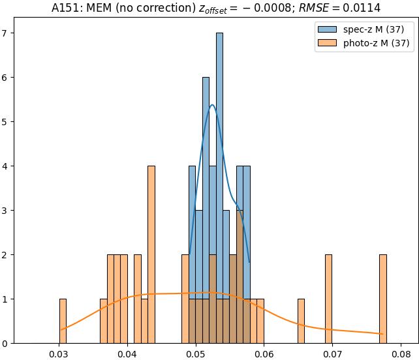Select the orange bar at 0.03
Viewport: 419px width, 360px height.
(63, 321)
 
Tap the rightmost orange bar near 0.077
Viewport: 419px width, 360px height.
(383, 299)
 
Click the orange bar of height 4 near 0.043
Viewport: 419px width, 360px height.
(151, 254)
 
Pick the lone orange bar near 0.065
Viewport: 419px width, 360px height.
(301, 321)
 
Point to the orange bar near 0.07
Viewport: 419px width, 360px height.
(328, 299)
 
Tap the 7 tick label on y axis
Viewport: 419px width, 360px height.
(7, 33)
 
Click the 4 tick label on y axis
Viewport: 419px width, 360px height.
(7, 166)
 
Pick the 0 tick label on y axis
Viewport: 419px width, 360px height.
(7, 344)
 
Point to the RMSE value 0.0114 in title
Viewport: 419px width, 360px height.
(365, 8)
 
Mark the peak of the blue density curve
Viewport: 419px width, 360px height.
(212, 105)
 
